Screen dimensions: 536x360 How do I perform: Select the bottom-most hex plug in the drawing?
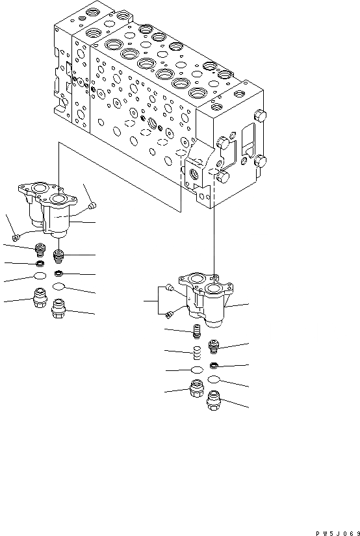(214, 403)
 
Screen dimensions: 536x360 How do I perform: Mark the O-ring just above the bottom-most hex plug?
(214, 379)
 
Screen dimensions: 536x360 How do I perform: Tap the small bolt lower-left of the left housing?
(16, 237)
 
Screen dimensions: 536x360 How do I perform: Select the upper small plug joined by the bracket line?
(169, 287)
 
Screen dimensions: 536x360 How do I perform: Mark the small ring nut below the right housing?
(214, 363)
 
